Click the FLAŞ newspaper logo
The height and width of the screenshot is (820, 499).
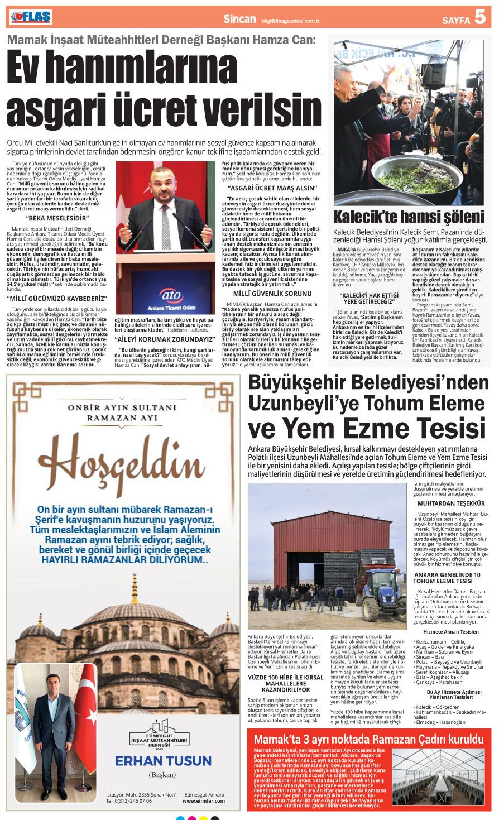click(x=31, y=17)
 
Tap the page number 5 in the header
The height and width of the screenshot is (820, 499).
click(x=480, y=18)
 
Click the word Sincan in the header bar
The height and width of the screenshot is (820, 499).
click(x=239, y=19)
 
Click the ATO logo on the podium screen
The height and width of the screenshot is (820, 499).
click(x=171, y=296)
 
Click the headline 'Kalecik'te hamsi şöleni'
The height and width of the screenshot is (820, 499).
click(x=409, y=217)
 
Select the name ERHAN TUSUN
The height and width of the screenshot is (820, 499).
click(x=163, y=761)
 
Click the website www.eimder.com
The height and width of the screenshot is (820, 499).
click(x=203, y=801)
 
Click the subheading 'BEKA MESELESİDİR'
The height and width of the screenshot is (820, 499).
click(x=57, y=218)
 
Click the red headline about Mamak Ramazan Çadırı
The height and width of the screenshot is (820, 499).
click(x=368, y=740)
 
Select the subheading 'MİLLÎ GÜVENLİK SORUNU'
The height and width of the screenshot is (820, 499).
click(x=272, y=293)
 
